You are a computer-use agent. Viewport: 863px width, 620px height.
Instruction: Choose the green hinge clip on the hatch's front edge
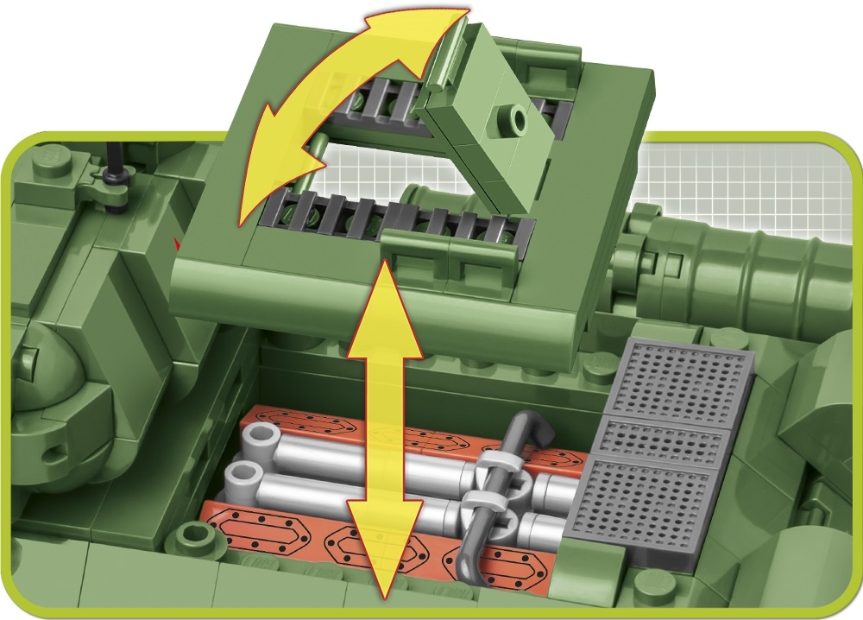pos(406,248)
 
